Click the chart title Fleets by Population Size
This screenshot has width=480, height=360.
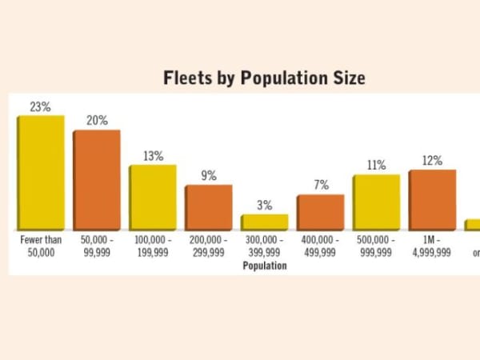tap(264, 78)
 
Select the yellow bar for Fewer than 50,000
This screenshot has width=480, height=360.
tap(41, 173)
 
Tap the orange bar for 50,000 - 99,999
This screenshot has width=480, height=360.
tap(97, 180)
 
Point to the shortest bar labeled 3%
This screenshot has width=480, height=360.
tap(265, 222)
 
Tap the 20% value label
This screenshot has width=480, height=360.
tap(97, 120)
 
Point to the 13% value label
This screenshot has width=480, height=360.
tap(153, 156)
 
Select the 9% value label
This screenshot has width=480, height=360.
tap(209, 176)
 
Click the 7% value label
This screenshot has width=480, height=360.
tap(321, 185)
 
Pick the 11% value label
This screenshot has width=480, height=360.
tap(376, 165)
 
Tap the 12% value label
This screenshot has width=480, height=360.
tap(432, 160)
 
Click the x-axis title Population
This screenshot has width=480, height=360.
tap(265, 266)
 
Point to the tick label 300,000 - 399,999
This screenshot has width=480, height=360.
tap(265, 246)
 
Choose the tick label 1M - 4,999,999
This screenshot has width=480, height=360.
tap(432, 246)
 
